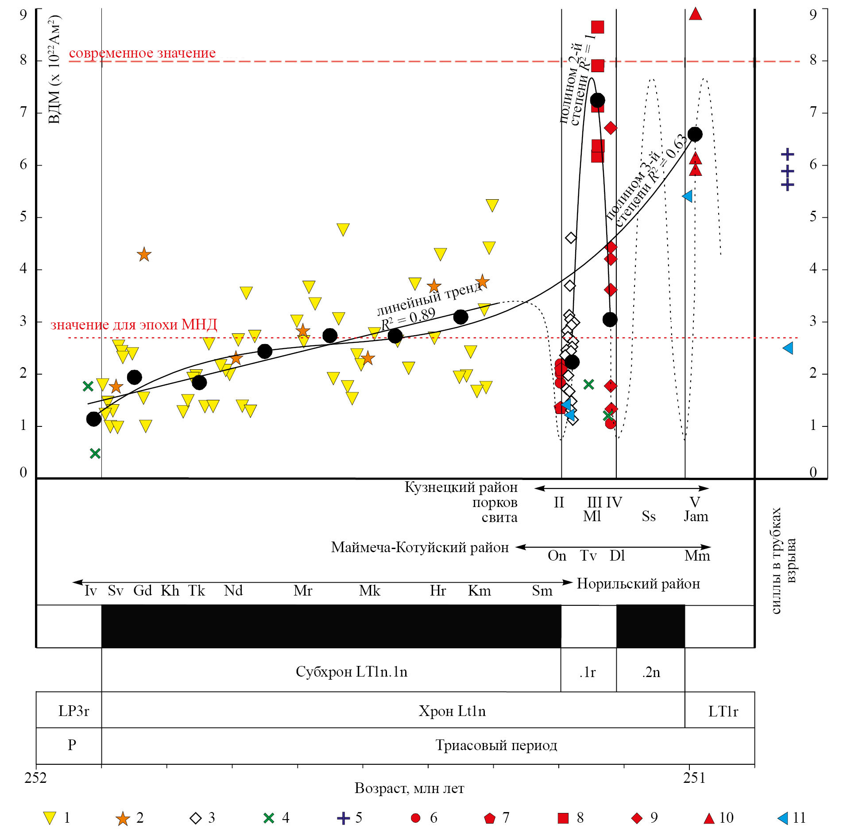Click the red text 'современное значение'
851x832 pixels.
point(142,53)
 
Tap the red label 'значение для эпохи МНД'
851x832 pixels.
point(134,325)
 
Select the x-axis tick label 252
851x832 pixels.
point(35,778)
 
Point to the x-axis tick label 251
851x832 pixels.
point(694,778)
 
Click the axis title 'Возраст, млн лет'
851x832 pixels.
point(409,788)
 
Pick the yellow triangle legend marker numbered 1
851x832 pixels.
point(50,818)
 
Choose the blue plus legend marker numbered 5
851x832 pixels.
point(343,818)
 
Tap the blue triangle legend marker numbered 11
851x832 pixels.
point(783,818)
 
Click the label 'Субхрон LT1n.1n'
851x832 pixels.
point(351,672)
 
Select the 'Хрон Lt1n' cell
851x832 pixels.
point(452,711)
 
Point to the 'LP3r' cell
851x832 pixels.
point(73,711)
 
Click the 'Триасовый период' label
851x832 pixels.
point(496,745)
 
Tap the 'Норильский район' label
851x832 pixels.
point(638,584)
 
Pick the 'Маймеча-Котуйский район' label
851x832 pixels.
point(420,547)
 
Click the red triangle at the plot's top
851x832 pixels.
point(695,14)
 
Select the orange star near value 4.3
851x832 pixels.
point(144,255)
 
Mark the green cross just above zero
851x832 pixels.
point(95,453)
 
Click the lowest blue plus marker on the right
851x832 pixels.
point(787,185)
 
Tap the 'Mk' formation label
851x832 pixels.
point(370,591)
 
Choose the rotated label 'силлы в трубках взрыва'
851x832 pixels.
point(783,560)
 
